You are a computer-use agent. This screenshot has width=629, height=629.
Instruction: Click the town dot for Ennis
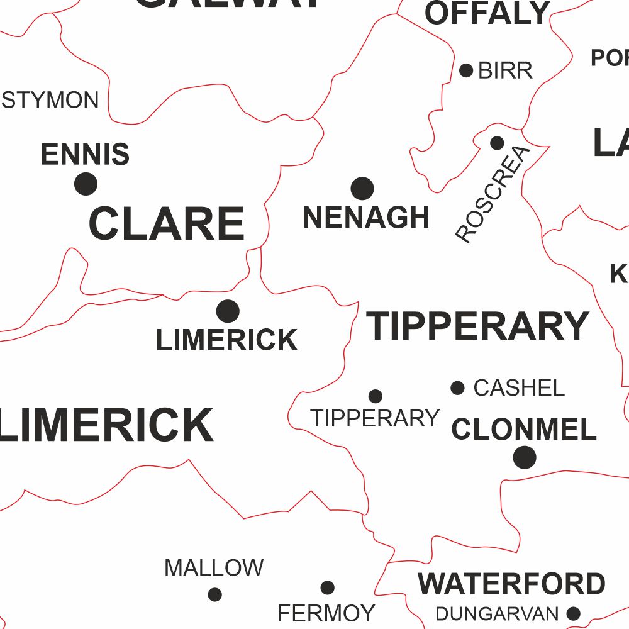click(x=86, y=184)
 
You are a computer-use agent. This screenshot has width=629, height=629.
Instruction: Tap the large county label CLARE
click(x=167, y=224)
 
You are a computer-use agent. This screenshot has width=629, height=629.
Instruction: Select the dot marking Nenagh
click(x=362, y=188)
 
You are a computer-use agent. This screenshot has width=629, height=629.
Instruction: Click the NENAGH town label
click(x=366, y=218)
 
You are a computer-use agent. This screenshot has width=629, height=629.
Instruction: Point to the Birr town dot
click(x=466, y=70)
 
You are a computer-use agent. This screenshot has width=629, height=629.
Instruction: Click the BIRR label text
click(x=505, y=70)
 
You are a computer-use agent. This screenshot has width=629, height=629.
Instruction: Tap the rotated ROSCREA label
click(x=493, y=194)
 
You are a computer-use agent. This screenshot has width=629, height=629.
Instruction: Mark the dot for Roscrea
click(x=497, y=143)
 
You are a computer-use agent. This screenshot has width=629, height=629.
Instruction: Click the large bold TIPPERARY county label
click(x=478, y=326)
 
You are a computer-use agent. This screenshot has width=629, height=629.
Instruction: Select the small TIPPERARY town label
click(x=375, y=418)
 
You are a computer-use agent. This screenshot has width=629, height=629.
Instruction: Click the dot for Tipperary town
click(x=376, y=396)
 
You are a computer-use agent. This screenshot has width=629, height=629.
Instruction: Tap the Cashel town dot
click(x=458, y=388)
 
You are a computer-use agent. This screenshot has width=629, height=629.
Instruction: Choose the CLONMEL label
click(x=523, y=430)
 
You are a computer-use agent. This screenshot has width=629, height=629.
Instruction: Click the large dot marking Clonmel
click(x=525, y=457)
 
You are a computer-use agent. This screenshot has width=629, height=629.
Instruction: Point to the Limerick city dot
click(x=228, y=311)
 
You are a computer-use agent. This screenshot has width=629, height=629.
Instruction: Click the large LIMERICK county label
click(x=107, y=425)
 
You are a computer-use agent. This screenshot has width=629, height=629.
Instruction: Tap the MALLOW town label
click(x=214, y=568)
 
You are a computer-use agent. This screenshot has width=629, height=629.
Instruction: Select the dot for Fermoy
click(x=327, y=587)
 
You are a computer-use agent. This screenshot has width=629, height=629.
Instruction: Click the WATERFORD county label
click(x=511, y=584)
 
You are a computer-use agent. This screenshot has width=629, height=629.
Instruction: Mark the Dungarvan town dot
click(x=573, y=613)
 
